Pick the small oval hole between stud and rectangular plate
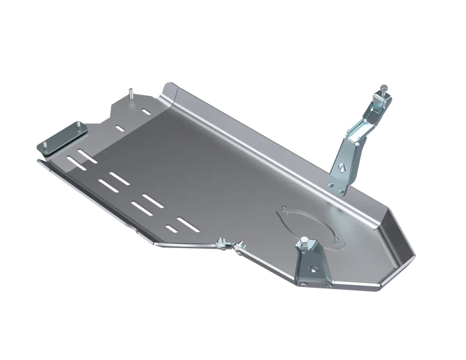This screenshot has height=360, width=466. pos(120,128)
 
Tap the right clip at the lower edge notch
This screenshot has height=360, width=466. pos(240,247)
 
